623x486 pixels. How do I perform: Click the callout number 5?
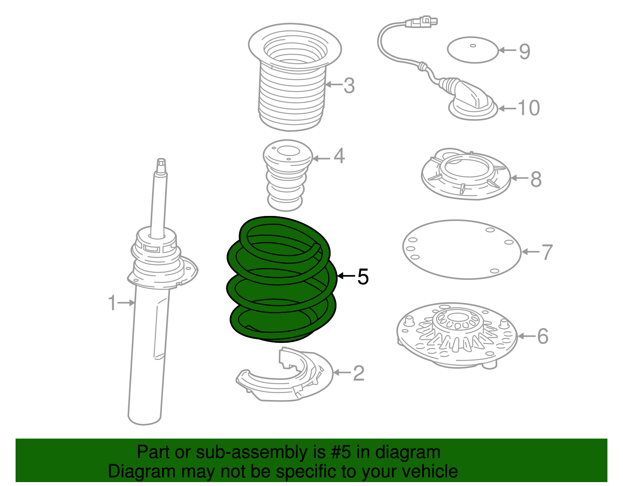[363, 277]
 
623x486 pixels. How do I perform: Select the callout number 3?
[349, 85]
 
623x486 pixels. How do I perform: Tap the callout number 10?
[528, 108]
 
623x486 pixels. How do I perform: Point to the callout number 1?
[112, 303]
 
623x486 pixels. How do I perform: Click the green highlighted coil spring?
[282, 279]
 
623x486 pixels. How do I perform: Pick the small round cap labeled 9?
[473, 50]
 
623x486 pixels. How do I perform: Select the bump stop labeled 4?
[287, 175]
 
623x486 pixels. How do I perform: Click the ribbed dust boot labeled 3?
[295, 77]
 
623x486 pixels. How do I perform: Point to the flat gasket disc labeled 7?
[462, 249]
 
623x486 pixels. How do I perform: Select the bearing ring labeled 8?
[466, 174]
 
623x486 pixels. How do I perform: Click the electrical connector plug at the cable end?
[421, 22]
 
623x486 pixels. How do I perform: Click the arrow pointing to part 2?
[342, 372]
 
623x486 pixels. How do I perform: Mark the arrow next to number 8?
[519, 178]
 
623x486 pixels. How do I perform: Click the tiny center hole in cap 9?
[473, 46]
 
